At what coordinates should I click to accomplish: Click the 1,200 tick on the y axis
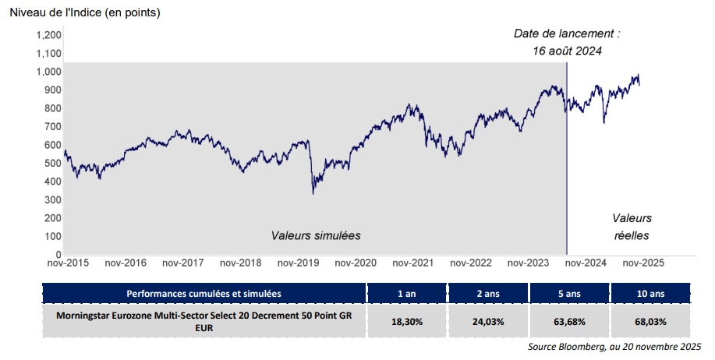pyautogui.click(x=48, y=35)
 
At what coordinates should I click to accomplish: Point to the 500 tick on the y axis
pyautogui.click(x=51, y=163)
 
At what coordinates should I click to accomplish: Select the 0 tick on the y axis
pyautogui.click(x=58, y=255)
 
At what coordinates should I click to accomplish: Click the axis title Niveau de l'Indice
pyautogui.click(x=84, y=12)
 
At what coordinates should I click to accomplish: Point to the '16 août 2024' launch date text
pyautogui.click(x=567, y=51)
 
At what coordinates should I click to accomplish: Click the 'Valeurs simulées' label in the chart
pyautogui.click(x=316, y=235)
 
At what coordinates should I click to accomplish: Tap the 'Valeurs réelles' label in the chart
pyautogui.click(x=631, y=227)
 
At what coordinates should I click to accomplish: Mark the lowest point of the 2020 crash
pyautogui.click(x=313, y=193)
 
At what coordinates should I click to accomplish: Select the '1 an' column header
pyautogui.click(x=407, y=293)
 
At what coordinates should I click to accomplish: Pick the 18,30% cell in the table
pyautogui.click(x=407, y=321)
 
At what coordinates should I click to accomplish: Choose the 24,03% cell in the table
pyautogui.click(x=489, y=321)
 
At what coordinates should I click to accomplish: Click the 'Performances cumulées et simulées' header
pyautogui.click(x=204, y=293)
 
